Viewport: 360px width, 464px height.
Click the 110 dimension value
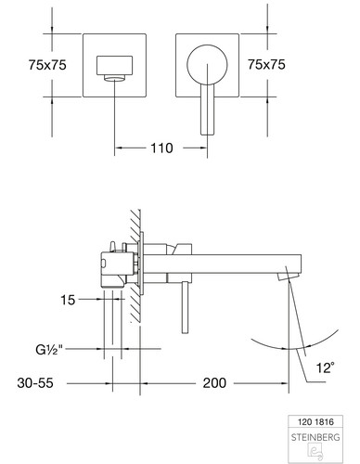[161, 148]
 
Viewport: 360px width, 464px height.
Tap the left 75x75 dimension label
[47, 65]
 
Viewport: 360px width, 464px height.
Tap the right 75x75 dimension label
[266, 64]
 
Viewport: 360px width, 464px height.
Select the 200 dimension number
[214, 383]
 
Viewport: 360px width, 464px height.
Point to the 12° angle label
[325, 367]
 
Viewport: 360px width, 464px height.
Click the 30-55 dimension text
[35, 383]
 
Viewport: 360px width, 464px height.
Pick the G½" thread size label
[49, 350]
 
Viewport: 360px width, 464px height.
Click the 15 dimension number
[68, 300]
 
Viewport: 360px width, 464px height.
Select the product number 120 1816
[315, 422]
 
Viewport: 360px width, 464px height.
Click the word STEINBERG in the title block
[315, 437]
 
